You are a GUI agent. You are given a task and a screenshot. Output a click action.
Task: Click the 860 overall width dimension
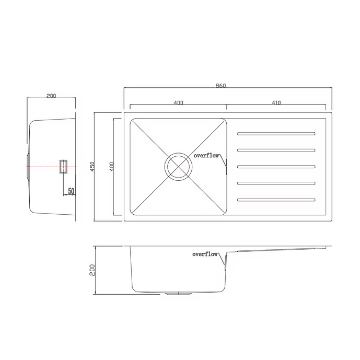pyautogui.click(x=220, y=86)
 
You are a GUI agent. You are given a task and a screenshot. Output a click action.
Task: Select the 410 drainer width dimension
pyautogui.click(x=276, y=102)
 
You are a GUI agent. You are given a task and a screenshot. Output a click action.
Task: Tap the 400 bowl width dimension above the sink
pyautogui.click(x=178, y=102)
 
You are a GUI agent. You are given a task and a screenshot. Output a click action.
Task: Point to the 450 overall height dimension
pyautogui.click(x=92, y=166)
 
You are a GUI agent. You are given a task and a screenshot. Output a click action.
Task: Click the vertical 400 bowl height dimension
pyautogui.click(x=112, y=167)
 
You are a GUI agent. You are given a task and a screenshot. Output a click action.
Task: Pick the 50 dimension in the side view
pyautogui.click(x=71, y=191)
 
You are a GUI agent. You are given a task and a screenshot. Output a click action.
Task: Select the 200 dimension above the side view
pyautogui.click(x=51, y=96)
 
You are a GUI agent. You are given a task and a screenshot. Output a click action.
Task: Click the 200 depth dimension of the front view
pyautogui.click(x=92, y=270)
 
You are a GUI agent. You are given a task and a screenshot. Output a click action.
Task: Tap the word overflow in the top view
pyautogui.click(x=206, y=156)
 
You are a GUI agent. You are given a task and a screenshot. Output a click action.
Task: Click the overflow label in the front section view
pyautogui.click(x=205, y=254)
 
